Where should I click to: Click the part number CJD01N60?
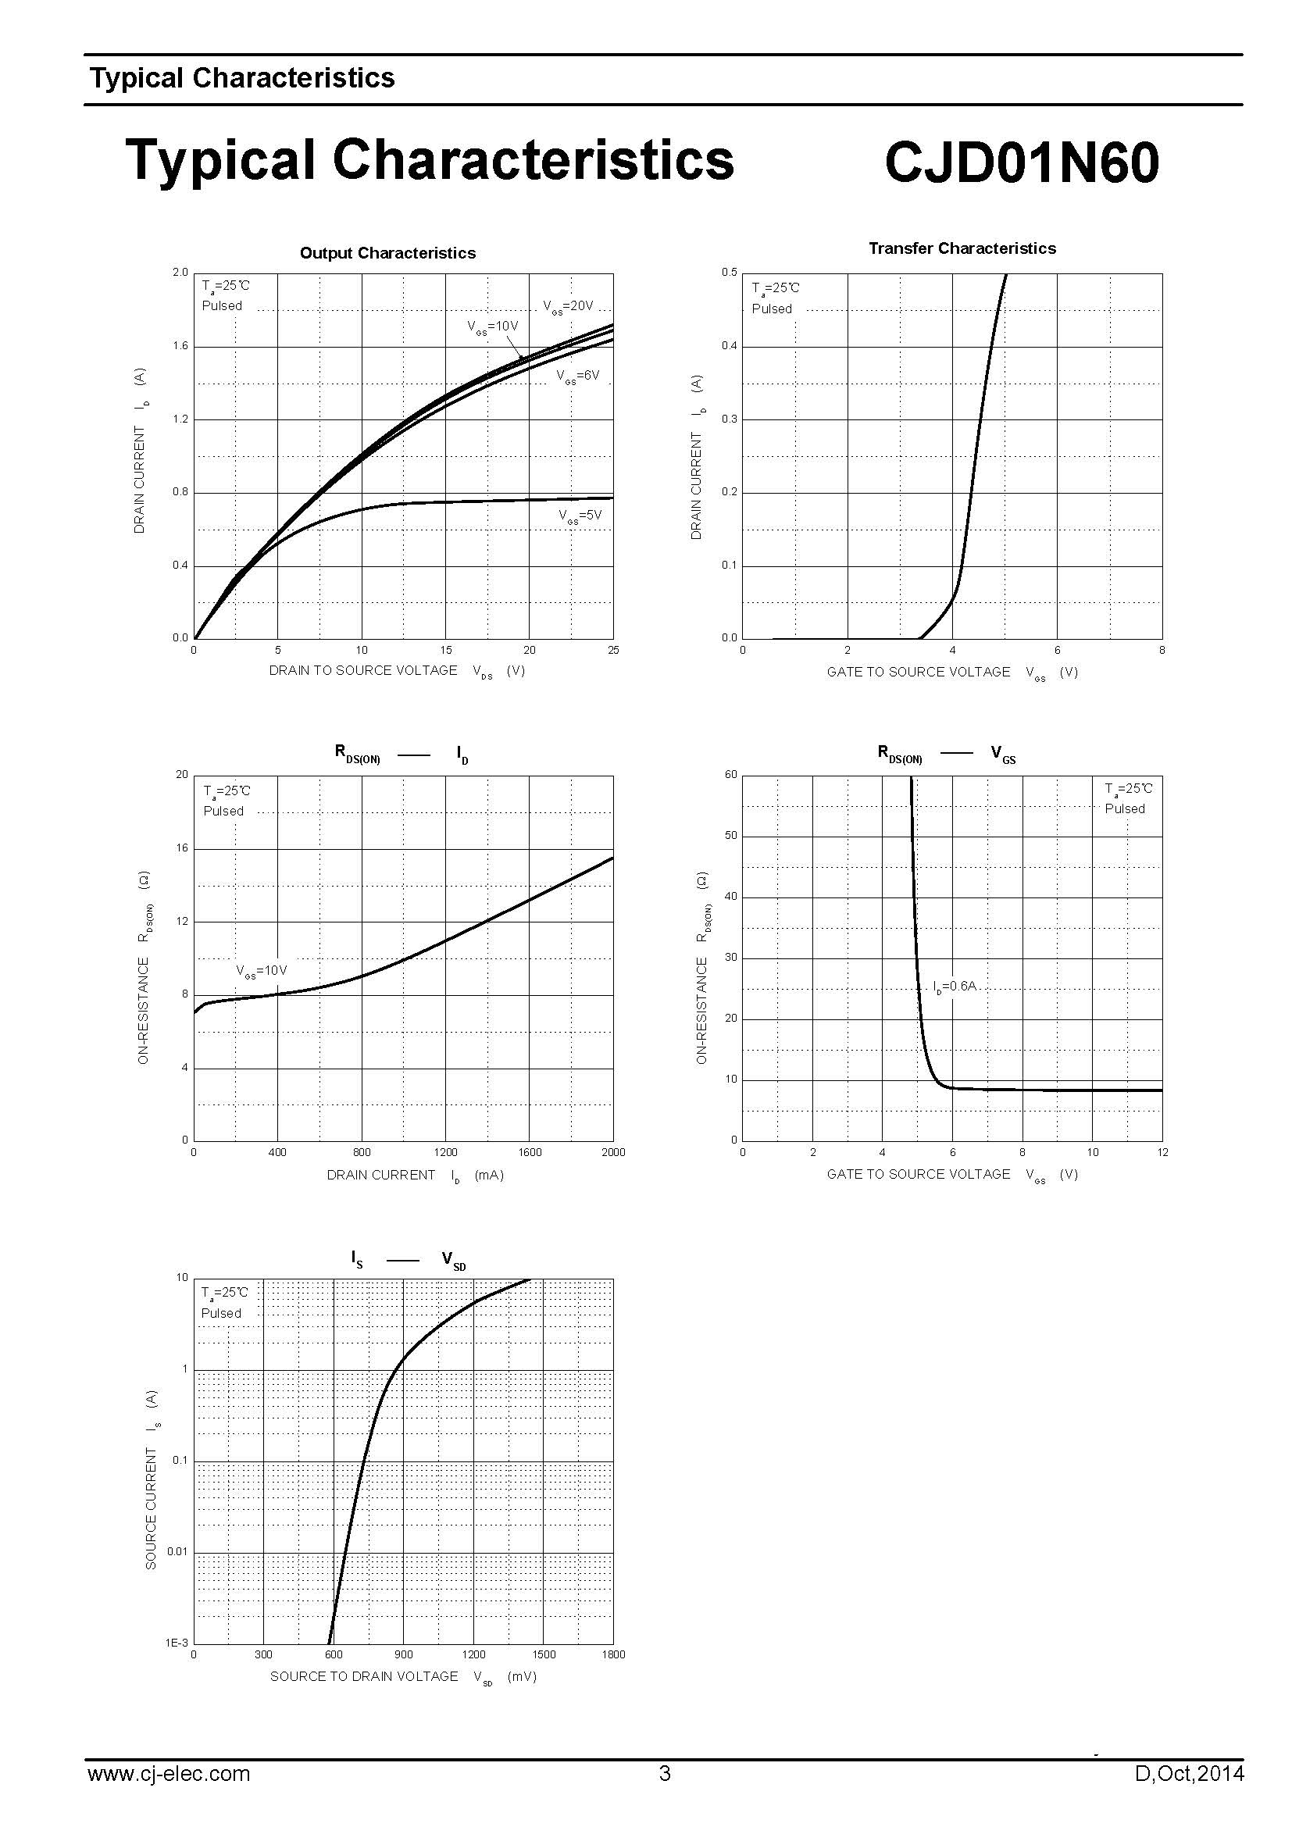[x=1021, y=162]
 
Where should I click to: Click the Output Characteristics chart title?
[x=387, y=253]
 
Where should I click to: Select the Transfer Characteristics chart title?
[x=962, y=248]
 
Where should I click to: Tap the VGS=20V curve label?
[x=568, y=306]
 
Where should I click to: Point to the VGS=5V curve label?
[x=580, y=516]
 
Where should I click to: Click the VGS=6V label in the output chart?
[x=577, y=376]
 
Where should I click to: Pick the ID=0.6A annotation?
[x=954, y=987]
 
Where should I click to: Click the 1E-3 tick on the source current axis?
[x=177, y=1643]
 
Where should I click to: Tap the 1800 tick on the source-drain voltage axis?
[x=614, y=1654]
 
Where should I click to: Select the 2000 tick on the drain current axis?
[x=613, y=1152]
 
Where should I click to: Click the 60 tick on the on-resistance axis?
[x=730, y=774]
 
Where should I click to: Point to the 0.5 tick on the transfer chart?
[x=729, y=272]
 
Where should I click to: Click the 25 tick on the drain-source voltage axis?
[x=612, y=650]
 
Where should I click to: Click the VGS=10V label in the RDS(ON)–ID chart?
[x=261, y=971]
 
